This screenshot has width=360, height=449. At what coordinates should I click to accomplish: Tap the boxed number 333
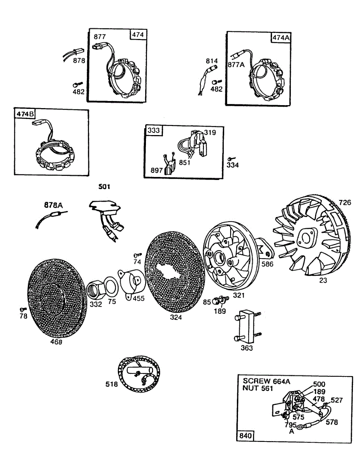[153, 130]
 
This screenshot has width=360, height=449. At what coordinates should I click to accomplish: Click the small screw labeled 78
[23, 309]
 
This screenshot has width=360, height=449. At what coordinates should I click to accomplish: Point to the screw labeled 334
[232, 159]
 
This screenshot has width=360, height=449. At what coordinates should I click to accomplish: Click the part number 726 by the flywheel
[345, 202]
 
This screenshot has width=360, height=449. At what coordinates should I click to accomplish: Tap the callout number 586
[268, 264]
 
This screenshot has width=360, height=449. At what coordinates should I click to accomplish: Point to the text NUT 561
[258, 388]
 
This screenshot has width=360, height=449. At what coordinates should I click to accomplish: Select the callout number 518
[111, 384]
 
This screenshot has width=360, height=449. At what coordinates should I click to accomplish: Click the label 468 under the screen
[57, 342]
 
